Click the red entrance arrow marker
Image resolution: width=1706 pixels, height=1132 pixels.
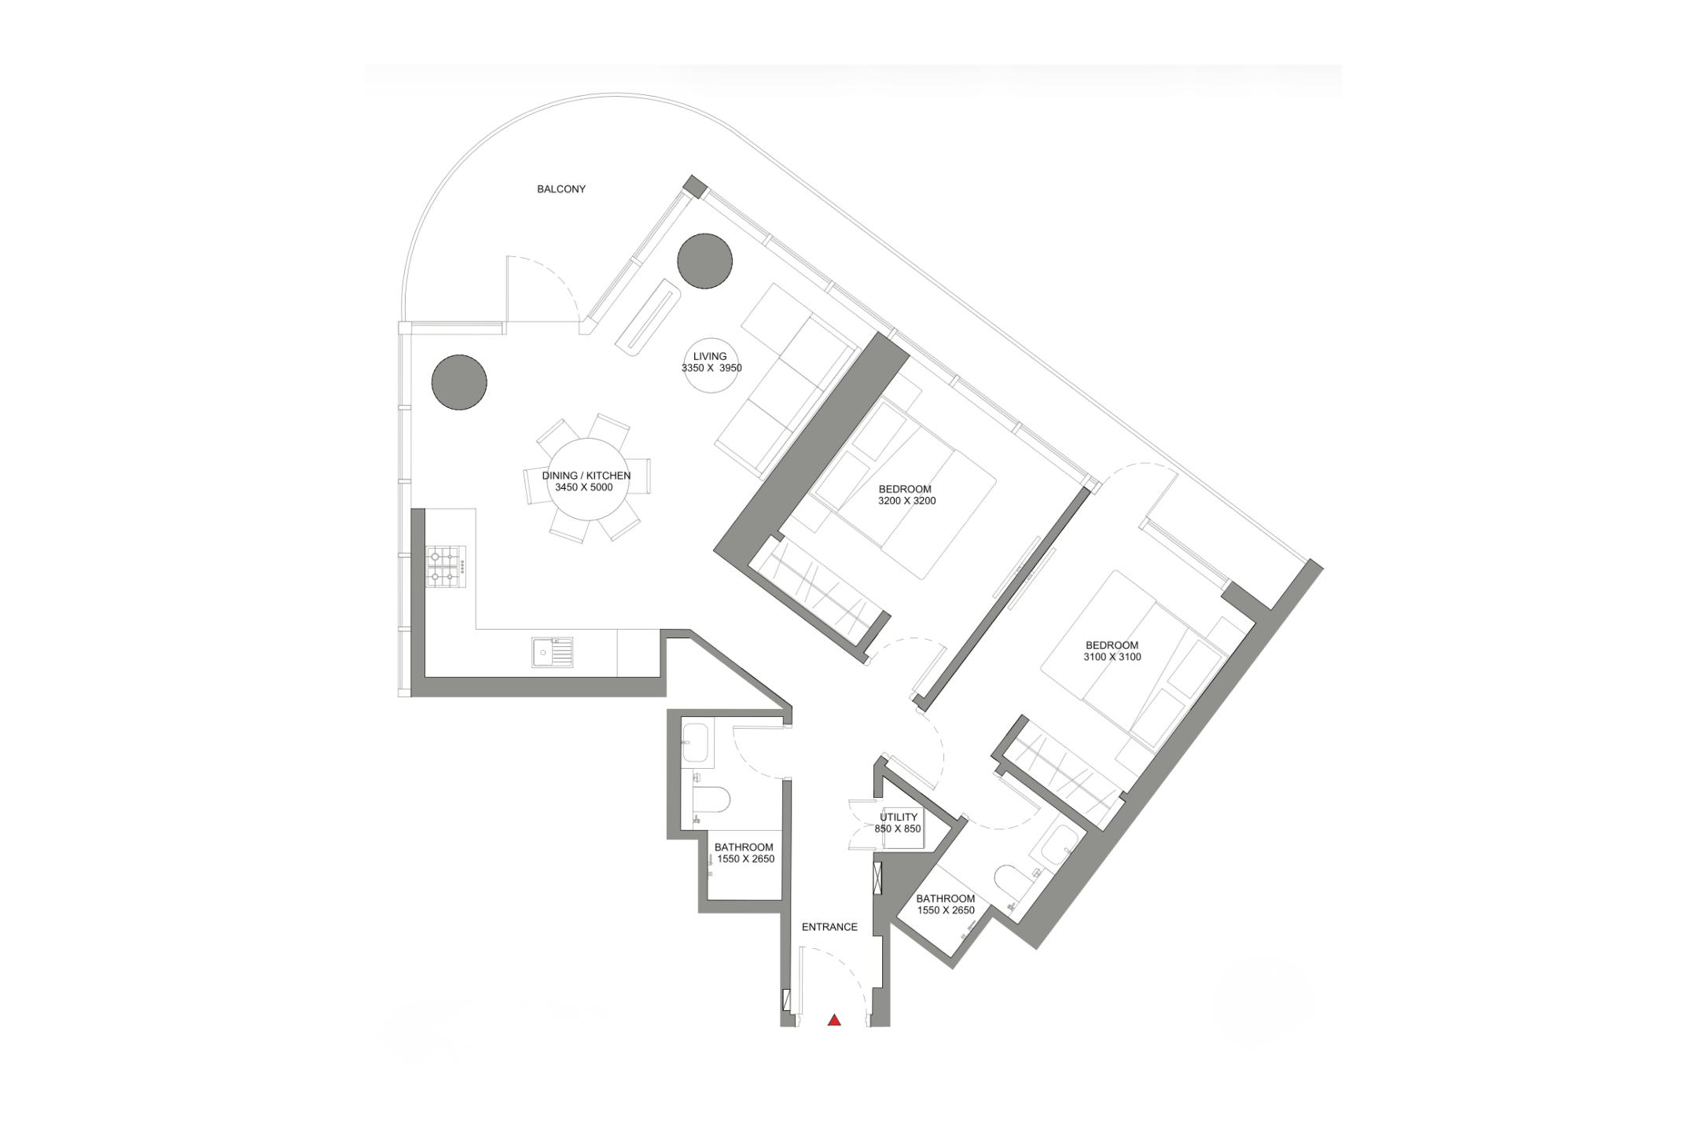[x=834, y=1020]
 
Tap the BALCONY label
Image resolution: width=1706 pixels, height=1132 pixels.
[x=561, y=189]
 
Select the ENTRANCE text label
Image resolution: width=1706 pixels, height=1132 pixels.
[x=829, y=927]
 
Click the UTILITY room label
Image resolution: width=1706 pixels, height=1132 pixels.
[x=899, y=817]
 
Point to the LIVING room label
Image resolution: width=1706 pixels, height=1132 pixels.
[x=710, y=356]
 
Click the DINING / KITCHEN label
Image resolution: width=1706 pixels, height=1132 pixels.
[x=586, y=476]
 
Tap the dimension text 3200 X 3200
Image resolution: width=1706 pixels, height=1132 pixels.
[x=907, y=501]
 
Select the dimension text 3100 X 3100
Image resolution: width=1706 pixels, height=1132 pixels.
[x=1112, y=657]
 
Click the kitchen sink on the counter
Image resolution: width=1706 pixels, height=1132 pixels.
[x=553, y=652]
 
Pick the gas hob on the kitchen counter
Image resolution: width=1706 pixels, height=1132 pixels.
[x=446, y=567]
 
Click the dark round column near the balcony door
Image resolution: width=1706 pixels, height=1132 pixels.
[x=705, y=261]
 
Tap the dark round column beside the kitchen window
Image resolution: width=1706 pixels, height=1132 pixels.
[x=459, y=382]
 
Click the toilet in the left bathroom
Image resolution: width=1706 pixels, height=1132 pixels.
[x=711, y=800]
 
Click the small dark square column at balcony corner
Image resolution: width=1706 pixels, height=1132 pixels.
[x=695, y=187]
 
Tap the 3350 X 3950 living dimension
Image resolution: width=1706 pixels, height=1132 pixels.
[x=711, y=368]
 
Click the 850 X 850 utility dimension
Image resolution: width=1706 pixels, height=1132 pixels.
[x=898, y=829]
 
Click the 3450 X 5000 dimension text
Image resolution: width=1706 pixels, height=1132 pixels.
[x=584, y=487]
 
